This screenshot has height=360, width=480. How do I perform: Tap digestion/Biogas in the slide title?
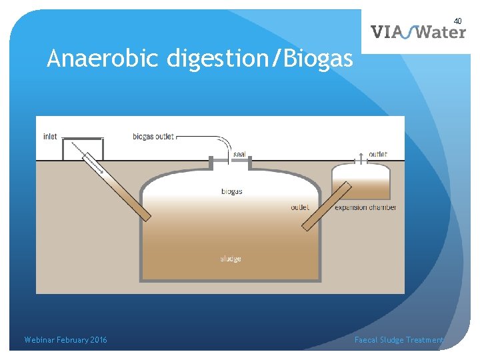(x=259, y=60)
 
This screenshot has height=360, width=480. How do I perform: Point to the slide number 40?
(x=458, y=21)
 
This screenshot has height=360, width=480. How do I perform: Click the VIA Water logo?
(x=418, y=31)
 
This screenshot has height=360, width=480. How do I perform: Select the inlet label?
(x=50, y=137)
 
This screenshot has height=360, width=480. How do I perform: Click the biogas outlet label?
(x=153, y=137)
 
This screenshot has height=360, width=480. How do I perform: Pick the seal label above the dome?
(x=239, y=155)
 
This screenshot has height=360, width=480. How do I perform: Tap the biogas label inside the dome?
(x=231, y=191)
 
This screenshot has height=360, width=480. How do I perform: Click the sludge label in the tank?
(x=231, y=259)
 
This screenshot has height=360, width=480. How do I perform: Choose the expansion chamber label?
(x=365, y=207)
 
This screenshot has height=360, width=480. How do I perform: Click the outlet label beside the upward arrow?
(x=377, y=154)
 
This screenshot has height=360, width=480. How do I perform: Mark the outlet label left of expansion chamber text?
(x=299, y=207)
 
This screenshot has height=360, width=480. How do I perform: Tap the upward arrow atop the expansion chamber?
(x=360, y=157)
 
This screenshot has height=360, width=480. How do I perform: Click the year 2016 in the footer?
(x=97, y=340)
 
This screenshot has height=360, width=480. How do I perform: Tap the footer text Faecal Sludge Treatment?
(x=399, y=340)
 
